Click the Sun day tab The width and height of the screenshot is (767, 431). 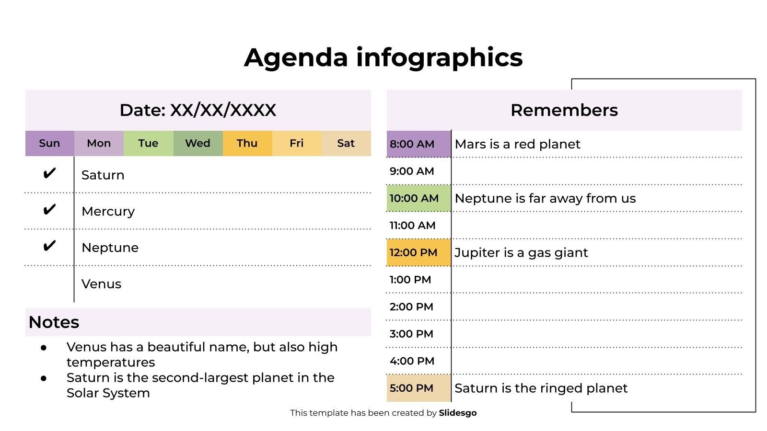[x=50, y=143]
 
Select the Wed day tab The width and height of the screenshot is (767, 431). [x=198, y=143]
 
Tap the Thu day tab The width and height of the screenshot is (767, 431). [x=247, y=143]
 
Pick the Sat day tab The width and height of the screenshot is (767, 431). [x=346, y=143]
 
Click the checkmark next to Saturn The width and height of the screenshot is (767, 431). [x=49, y=173]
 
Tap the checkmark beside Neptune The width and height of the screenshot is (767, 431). [x=49, y=246]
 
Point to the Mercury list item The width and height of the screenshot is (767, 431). [x=108, y=212]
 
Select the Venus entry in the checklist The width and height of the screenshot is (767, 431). [x=101, y=284]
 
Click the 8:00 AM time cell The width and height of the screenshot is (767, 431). [x=419, y=144]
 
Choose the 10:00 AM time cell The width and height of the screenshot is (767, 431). [x=419, y=198]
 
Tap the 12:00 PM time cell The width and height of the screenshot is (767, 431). [x=419, y=252]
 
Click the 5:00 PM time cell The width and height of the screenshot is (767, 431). [x=419, y=388]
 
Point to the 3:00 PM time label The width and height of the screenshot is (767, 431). [x=411, y=334]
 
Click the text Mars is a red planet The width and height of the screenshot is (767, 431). [x=517, y=144]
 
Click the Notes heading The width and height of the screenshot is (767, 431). [x=54, y=322]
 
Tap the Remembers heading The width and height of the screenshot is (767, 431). [x=564, y=110]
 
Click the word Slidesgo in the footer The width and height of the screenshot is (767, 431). [x=458, y=413]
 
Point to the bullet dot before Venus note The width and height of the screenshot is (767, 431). [x=44, y=348]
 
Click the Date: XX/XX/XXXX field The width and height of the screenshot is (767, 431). [x=198, y=110]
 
